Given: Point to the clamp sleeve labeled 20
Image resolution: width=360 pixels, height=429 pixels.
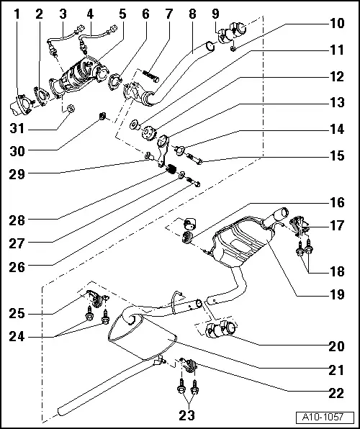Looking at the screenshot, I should (x=220, y=331).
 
